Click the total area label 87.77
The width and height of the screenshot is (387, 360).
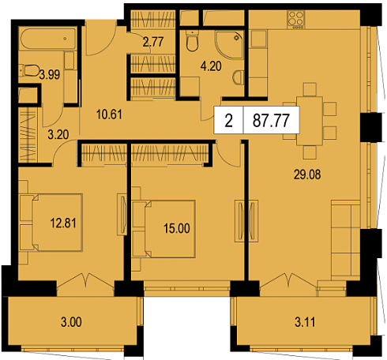pyautogui.click(x=271, y=121)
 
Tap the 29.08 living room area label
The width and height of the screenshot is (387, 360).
pyautogui.click(x=307, y=174)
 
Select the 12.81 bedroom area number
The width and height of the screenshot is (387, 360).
pyautogui.click(x=63, y=223)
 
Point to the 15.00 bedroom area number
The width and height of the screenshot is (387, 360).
pyautogui.click(x=177, y=228)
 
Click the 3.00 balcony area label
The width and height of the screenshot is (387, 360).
pyautogui.click(x=71, y=322)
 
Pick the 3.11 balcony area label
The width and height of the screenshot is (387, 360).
pyautogui.click(x=305, y=322)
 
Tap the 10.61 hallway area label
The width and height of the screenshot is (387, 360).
pyautogui.click(x=109, y=114)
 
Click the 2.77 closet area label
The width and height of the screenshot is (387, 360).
pyautogui.click(x=153, y=42)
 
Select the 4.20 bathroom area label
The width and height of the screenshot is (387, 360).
pyautogui.click(x=211, y=66)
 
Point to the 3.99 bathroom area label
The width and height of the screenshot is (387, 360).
pyautogui.click(x=50, y=75)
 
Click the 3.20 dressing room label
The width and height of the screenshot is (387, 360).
pyautogui.click(x=58, y=134)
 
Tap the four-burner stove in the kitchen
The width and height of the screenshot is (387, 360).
pyautogui.click(x=296, y=20)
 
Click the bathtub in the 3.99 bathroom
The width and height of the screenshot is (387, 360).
pyautogui.click(x=48, y=39)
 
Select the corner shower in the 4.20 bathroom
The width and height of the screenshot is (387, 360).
pyautogui.click(x=229, y=45)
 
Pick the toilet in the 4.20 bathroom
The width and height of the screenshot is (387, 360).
pyautogui.click(x=192, y=40)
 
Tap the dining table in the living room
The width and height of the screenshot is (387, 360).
pyautogui.click(x=310, y=121)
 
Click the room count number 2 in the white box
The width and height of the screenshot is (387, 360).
pyautogui.click(x=229, y=121)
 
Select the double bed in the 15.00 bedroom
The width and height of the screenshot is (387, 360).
pyautogui.click(x=164, y=229)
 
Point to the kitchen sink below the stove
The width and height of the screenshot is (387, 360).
pyautogui.click(x=258, y=39)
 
